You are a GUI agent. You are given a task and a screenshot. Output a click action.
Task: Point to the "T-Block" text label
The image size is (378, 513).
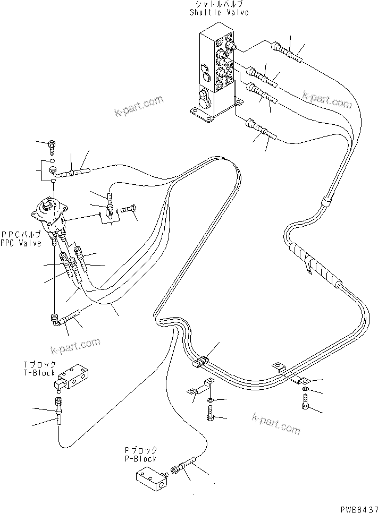pos(39,373)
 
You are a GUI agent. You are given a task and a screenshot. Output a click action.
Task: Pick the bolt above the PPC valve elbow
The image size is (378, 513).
pos(52,143)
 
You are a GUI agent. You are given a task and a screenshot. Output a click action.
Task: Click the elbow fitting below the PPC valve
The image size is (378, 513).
pos(55,318)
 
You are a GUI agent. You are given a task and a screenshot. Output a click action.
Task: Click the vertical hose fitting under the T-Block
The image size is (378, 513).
pos(58,412)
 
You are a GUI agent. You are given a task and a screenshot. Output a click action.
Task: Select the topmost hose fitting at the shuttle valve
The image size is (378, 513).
pos(288,50)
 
